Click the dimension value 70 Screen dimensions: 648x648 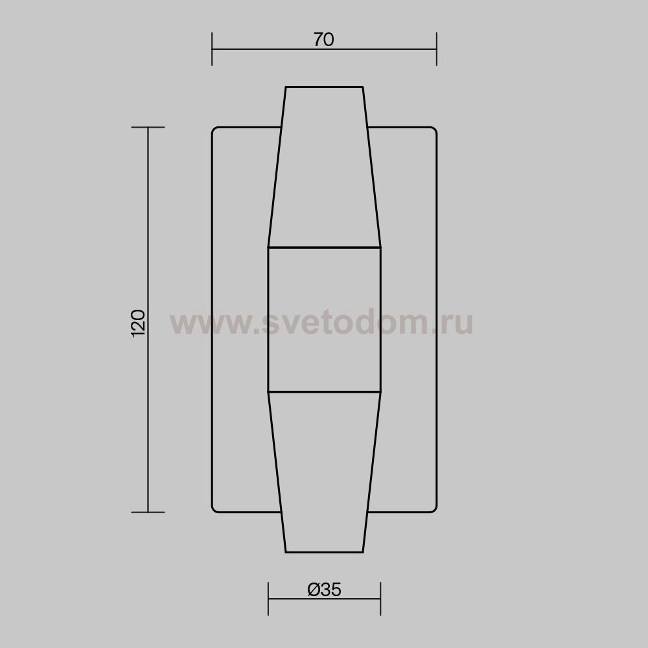pos(323,40)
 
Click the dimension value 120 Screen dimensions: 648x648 pos(138,323)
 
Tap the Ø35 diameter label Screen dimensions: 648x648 pos(325,590)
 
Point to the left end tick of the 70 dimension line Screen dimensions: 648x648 pos(212,49)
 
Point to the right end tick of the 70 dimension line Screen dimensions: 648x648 pos(436,49)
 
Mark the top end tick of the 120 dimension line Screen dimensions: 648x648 pos(148,127)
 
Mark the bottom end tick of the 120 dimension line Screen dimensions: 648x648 pos(148,513)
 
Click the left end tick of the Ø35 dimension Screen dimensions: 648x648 pos(268,598)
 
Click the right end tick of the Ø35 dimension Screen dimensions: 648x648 pos(380,598)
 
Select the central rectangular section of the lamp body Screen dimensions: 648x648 pos(325,319)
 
